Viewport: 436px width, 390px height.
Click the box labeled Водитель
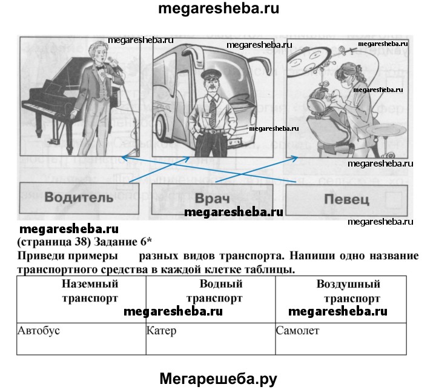pyautogui.click(x=79, y=197)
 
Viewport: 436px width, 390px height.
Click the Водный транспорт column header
pyautogui.click(x=214, y=291)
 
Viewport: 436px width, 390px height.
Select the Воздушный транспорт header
pyautogui.click(x=348, y=291)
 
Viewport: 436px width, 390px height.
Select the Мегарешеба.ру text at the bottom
pyautogui.click(x=218, y=378)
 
